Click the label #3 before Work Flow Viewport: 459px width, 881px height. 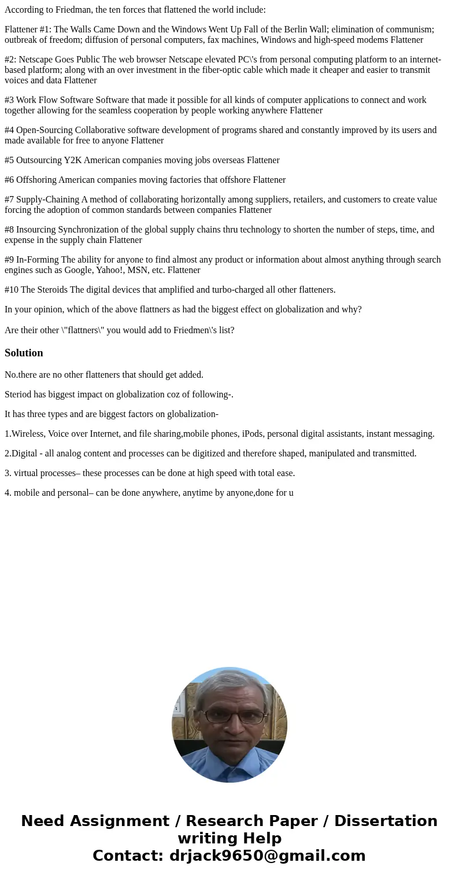click(x=9, y=100)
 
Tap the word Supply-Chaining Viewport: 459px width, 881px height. click(x=47, y=200)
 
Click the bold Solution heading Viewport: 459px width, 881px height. click(x=24, y=353)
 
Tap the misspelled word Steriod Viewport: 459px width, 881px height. click(x=18, y=395)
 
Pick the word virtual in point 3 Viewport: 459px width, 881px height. click(x=26, y=473)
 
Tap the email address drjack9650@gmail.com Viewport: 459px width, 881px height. click(x=267, y=856)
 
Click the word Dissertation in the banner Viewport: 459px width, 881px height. click(x=386, y=821)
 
